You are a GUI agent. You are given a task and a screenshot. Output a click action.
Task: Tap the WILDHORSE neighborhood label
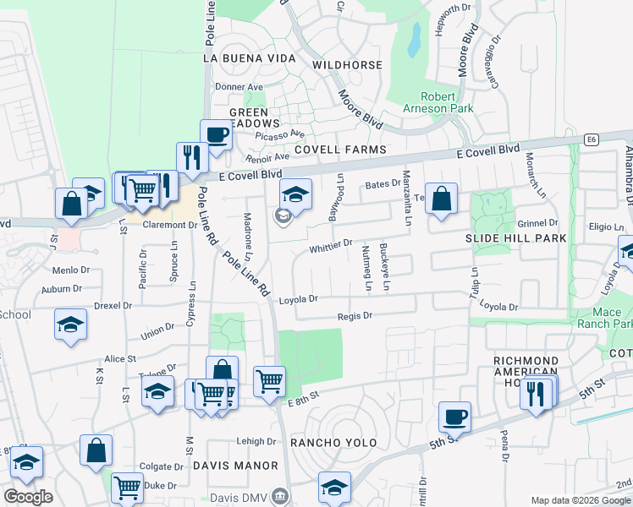click(343, 64)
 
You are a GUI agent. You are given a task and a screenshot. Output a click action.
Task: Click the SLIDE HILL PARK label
click(515, 239)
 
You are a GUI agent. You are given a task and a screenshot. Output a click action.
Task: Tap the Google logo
click(28, 496)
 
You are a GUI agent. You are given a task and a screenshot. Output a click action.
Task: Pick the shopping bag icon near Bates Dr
click(441, 199)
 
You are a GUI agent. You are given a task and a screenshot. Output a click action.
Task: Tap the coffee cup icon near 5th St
click(455, 416)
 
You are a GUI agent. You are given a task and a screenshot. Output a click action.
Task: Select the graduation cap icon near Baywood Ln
click(295, 194)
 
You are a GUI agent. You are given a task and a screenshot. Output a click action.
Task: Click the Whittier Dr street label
click(331, 244)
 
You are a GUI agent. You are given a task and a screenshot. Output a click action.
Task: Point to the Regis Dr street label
click(355, 315)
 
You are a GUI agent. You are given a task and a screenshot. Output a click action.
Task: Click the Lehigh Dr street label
click(256, 441)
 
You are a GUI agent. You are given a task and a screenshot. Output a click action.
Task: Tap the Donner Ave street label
click(239, 87)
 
